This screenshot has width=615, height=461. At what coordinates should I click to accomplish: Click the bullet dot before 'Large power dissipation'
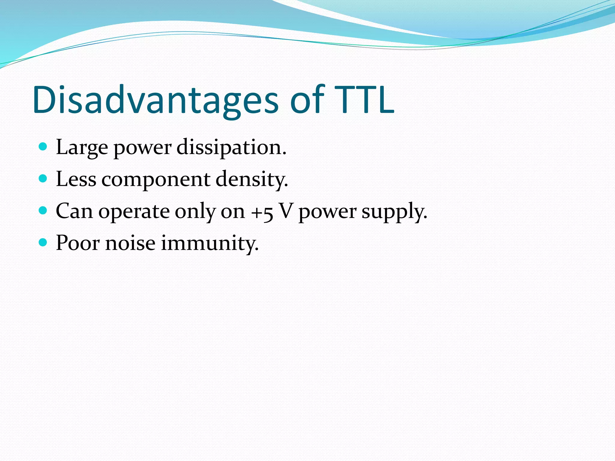(43, 147)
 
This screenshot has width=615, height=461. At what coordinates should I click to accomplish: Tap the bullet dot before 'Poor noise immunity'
(43, 243)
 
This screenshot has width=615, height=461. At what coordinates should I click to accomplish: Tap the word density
(252, 179)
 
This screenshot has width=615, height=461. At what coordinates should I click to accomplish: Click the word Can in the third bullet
(74, 211)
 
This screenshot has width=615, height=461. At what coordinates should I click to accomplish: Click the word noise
(130, 243)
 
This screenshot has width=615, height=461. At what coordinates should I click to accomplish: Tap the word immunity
(209, 243)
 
